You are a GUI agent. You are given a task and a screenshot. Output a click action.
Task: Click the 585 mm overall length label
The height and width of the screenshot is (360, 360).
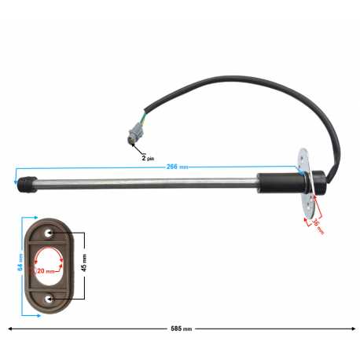[x=181, y=329]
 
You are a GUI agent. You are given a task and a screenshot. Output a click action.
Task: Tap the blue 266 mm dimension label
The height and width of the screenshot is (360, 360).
[x=177, y=167]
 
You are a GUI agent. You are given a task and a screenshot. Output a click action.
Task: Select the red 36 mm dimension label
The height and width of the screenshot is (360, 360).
[x=318, y=226]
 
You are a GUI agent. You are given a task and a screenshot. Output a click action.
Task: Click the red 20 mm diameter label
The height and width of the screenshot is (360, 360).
[x=46, y=271]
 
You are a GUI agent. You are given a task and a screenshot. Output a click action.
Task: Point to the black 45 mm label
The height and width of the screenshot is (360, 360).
[x=84, y=263]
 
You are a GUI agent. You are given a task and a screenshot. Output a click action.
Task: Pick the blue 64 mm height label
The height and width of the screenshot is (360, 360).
[x=20, y=263]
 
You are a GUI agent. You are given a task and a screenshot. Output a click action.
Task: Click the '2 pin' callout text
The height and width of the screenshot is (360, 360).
[x=148, y=158]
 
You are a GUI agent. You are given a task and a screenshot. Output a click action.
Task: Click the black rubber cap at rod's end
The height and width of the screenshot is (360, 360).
[x=27, y=185]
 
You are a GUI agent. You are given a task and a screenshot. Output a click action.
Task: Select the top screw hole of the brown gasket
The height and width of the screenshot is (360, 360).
[x=48, y=233]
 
